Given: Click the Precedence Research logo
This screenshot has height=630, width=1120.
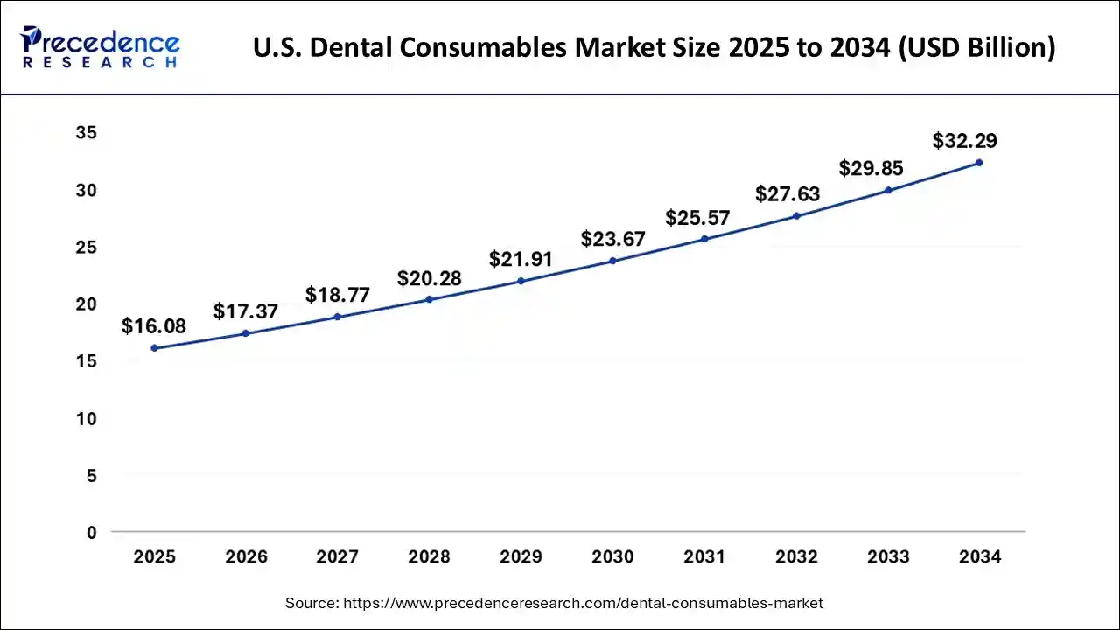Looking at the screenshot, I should pos(101,46).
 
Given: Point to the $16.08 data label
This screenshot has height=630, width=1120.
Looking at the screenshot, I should pos(154,326).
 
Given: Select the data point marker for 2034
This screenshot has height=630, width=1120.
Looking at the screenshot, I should pos(979,163).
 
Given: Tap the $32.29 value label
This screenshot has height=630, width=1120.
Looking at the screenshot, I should pos(964,141).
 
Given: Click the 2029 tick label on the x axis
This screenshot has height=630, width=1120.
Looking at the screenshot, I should pos(521,557).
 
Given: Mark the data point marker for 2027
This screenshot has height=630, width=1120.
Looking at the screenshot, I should pos(338,317).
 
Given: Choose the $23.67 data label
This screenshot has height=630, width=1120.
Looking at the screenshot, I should pos(613,239).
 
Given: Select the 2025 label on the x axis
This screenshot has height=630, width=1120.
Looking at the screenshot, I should pos(154,557).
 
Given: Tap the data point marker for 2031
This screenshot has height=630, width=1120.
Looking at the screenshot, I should pos(704,239).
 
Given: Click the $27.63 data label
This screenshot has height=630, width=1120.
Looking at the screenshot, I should pos(787,193).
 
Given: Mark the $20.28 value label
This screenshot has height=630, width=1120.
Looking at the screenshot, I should pos(429,278).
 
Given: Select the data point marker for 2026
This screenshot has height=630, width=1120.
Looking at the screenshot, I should pos(246,333).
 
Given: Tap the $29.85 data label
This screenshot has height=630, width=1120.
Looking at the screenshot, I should pos(871,168).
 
